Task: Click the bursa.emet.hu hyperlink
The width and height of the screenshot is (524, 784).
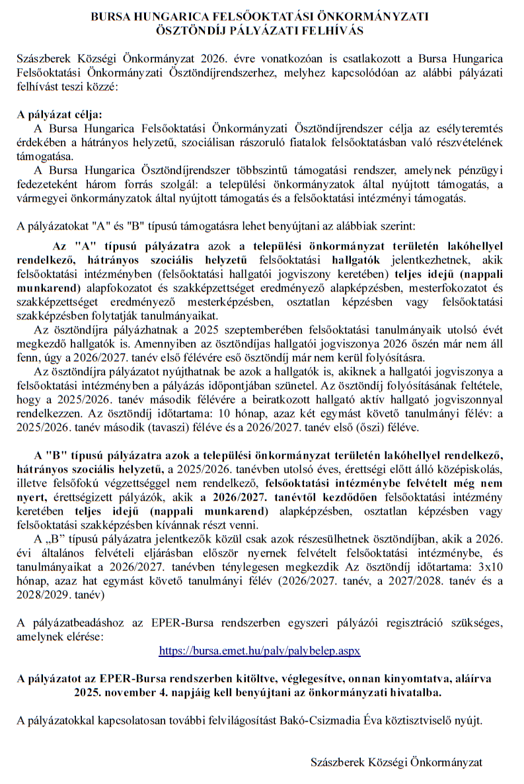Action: (260, 650)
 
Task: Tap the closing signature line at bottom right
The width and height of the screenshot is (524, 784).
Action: (396, 762)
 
